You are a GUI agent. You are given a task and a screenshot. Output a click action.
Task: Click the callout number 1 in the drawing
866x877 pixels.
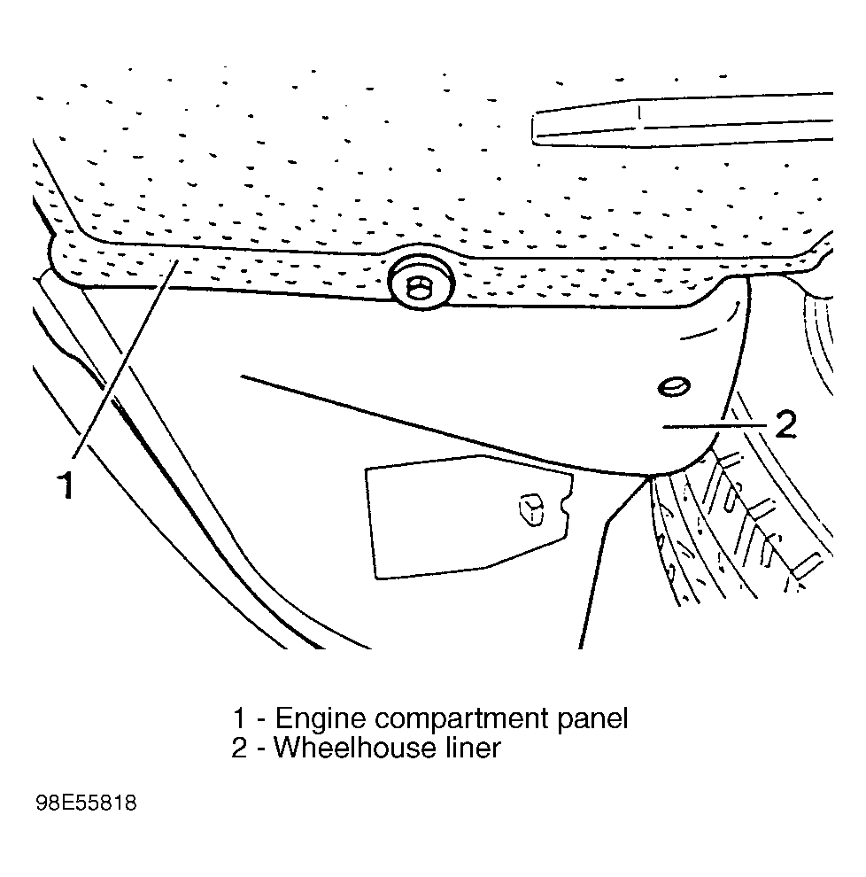tap(66, 485)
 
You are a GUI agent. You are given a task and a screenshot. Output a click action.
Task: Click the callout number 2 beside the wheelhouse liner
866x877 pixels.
tap(785, 424)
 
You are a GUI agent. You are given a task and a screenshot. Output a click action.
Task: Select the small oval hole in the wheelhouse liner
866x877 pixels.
tap(674, 386)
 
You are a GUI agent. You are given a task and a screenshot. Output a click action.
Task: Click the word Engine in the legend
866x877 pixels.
tap(321, 719)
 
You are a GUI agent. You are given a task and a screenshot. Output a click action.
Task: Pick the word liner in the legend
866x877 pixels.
tap(473, 748)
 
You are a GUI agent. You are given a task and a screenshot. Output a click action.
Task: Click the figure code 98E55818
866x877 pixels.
tap(86, 803)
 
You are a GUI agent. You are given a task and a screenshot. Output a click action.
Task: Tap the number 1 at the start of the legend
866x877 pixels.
tap(239, 718)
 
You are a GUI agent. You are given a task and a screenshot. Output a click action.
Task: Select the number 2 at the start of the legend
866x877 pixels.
tap(239, 749)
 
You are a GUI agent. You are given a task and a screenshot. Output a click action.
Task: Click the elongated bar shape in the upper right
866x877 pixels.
tap(682, 120)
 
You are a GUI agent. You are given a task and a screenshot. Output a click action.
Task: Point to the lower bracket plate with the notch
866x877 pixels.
tap(468, 517)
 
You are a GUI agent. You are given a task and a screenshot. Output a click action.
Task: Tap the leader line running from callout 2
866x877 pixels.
tap(715, 426)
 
